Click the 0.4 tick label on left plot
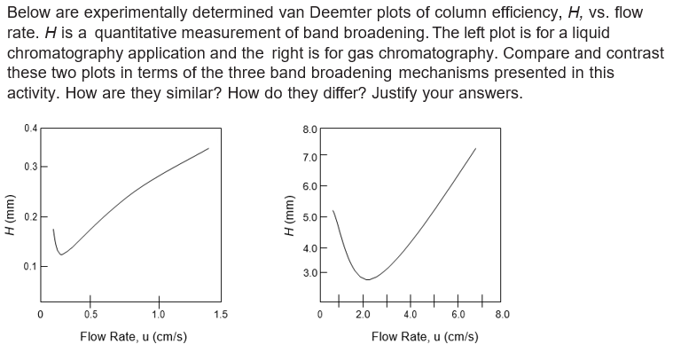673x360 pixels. (x=31, y=129)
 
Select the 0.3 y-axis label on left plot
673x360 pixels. (x=31, y=167)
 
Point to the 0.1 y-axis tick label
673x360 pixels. (x=31, y=266)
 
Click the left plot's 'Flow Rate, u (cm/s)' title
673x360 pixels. (x=133, y=337)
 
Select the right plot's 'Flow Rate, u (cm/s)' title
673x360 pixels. (x=425, y=337)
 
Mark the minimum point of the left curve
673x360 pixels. (x=60, y=254)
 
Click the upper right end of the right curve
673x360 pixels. (x=476, y=148)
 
